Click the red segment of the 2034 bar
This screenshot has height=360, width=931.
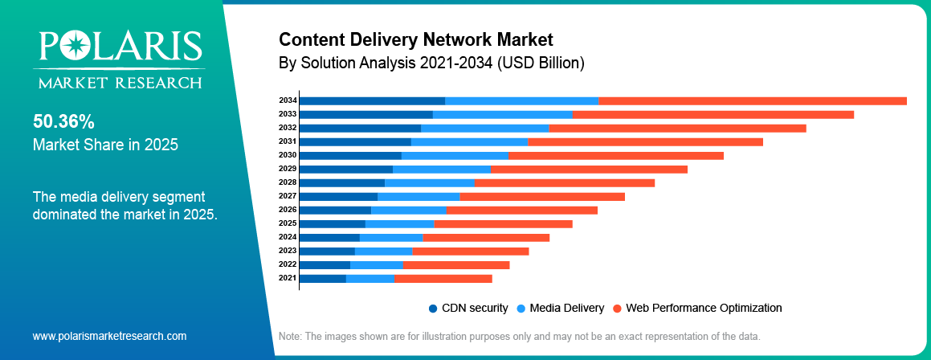tap(753, 100)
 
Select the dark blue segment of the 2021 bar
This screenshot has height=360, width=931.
tap(322, 278)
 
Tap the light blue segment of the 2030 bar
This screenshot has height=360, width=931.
tap(455, 155)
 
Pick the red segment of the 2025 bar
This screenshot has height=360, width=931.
tap(503, 223)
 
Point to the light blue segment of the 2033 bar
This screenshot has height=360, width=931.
tap(502, 114)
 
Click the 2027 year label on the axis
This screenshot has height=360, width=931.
tap(288, 196)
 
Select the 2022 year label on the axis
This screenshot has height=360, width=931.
tap(288, 264)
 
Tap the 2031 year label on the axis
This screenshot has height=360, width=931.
tap(288, 141)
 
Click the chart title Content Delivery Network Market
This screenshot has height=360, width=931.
tap(415, 39)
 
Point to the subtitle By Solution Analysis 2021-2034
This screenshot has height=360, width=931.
tap(431, 62)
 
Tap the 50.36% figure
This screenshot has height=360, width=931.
tap(63, 122)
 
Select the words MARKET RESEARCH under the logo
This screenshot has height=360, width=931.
tap(117, 83)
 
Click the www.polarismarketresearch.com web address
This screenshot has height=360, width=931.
tap(109, 336)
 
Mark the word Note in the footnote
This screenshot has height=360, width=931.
tap(290, 336)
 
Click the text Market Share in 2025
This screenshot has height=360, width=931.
tap(105, 145)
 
